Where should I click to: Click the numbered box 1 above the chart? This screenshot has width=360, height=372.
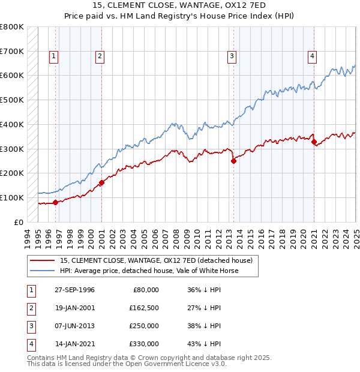(53, 56)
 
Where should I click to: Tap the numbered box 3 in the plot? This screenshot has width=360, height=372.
(232, 56)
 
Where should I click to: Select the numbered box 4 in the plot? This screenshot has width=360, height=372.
(313, 56)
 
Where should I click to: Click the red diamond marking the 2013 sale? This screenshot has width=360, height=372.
(233, 160)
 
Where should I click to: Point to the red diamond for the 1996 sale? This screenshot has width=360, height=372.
(56, 202)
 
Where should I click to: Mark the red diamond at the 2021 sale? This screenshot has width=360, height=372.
(314, 141)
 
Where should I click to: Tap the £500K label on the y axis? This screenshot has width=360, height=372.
(13, 100)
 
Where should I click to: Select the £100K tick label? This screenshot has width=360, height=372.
(13, 197)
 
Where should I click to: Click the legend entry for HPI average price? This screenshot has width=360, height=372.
(149, 271)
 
